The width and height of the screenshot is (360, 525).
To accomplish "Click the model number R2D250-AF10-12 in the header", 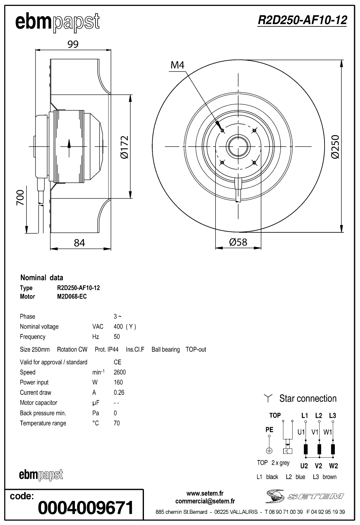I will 302,21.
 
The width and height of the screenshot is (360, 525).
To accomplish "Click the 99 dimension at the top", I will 73,44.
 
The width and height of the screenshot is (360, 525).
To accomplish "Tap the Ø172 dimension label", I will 124,147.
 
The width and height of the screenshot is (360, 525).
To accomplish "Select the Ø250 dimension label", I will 335,147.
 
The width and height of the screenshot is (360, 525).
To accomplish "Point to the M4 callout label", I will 178,65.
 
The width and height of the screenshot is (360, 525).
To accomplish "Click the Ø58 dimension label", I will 238,242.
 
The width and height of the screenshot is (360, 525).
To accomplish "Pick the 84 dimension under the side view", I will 80,243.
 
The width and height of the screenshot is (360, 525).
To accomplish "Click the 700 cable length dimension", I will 20,198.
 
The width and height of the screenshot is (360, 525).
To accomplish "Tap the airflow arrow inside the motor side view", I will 69,148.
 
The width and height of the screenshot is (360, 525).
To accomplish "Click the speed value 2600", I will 120,372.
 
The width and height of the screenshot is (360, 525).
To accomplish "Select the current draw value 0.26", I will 119,392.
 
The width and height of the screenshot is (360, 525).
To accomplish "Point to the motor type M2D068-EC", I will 72,296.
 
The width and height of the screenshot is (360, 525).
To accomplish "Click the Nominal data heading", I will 42,277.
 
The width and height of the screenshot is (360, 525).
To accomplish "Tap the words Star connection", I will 308,398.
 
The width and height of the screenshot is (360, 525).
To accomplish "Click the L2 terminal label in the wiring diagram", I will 319,415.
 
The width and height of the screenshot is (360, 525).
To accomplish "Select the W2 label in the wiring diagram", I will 333,466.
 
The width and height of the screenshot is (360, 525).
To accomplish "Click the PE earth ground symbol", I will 269,450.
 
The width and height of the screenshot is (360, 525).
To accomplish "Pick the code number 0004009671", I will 86,508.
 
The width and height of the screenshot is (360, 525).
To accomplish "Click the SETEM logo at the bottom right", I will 305,496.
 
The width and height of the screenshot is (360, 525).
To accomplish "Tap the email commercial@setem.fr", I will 205,501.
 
